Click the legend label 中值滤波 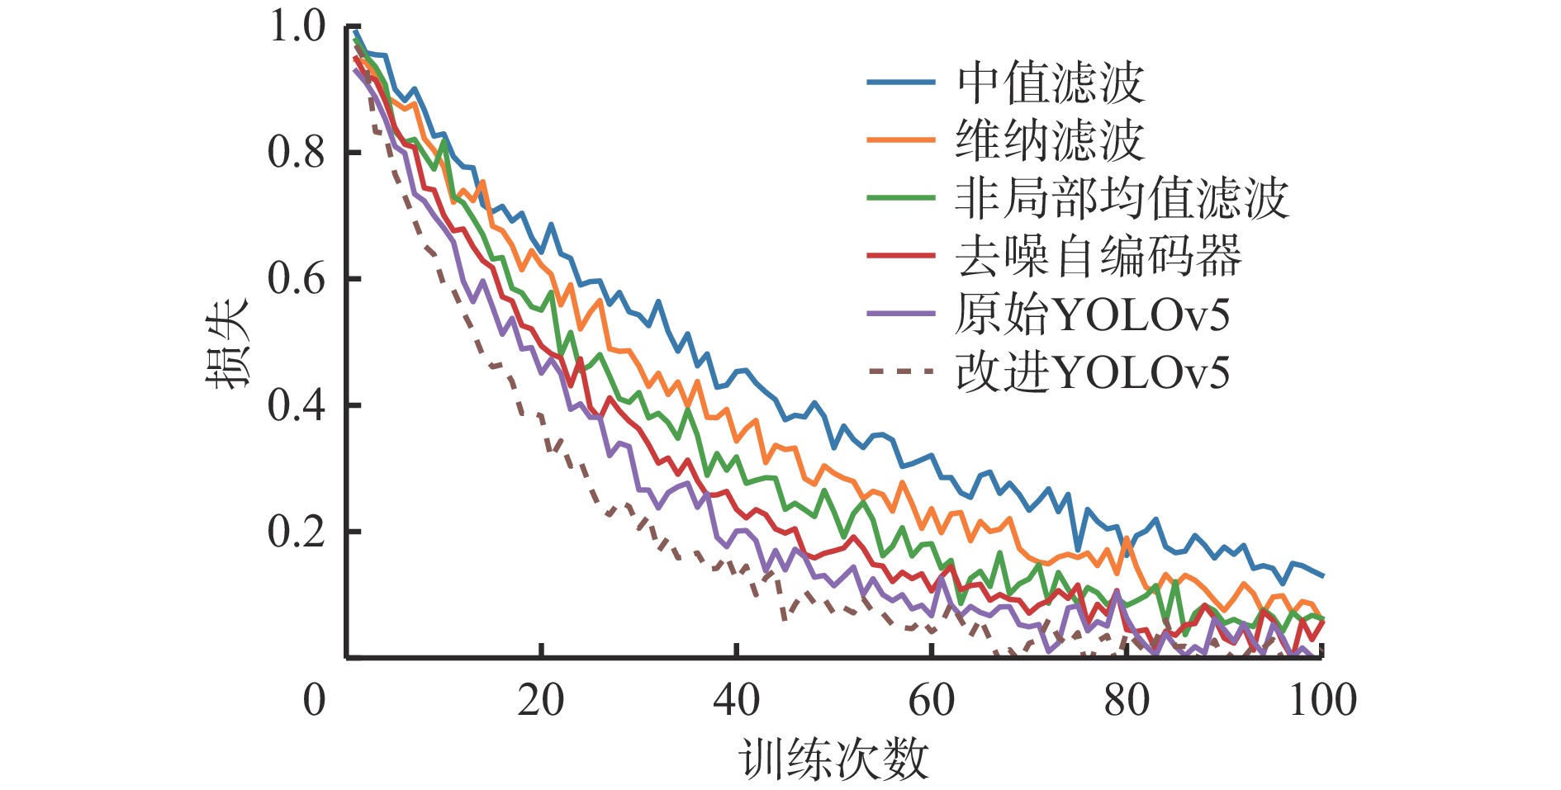(1050, 83)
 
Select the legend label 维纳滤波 (1050, 141)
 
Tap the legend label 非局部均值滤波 (1122, 199)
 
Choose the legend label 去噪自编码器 (1098, 257)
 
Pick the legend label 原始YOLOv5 (1092, 315)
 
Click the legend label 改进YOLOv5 (1092, 372)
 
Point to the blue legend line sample (901, 83)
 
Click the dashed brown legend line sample (901, 371)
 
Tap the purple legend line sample (901, 314)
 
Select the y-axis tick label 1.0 (297, 26)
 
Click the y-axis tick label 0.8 (297, 153)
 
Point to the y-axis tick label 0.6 (297, 279)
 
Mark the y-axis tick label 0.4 (297, 405)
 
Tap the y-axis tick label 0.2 (297, 532)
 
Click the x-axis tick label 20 (541, 700)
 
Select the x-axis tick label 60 (932, 700)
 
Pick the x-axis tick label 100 (1322, 700)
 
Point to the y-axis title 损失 (227, 343)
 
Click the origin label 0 (315, 700)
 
